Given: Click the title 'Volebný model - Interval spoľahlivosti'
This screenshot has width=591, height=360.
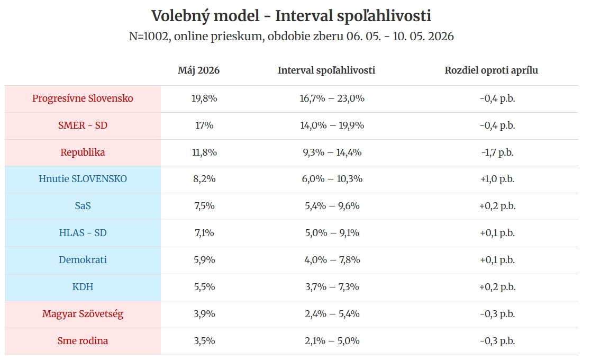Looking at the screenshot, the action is click(291, 16).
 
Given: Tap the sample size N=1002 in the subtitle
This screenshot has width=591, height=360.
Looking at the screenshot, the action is click(148, 36).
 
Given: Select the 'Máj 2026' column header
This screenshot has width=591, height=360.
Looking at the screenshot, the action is click(198, 70).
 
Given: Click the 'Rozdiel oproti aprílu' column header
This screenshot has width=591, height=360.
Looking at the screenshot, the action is click(491, 70).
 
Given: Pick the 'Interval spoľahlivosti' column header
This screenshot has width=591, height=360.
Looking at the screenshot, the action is click(326, 70).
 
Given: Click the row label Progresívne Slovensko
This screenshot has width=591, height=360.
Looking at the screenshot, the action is click(83, 98).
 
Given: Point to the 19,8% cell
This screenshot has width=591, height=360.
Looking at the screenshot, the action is click(204, 98).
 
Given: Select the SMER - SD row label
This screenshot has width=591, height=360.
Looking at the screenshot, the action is click(83, 125).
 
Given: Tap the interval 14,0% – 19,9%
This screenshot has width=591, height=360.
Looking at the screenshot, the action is click(332, 125).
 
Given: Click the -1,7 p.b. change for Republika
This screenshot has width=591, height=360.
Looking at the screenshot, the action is click(497, 152).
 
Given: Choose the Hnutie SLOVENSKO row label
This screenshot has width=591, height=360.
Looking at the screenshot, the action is click(83, 179).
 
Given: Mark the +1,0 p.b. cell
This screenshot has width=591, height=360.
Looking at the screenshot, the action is click(497, 179).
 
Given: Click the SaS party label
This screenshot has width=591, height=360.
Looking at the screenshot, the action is click(83, 206).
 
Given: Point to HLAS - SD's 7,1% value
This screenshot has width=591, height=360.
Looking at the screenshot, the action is click(204, 233).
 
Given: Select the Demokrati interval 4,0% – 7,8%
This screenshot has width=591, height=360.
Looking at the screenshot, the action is click(332, 260).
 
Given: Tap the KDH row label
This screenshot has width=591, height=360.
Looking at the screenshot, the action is click(83, 287).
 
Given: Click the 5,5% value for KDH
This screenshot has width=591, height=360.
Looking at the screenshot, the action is click(204, 287).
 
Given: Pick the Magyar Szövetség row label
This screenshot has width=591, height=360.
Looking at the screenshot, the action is click(83, 314).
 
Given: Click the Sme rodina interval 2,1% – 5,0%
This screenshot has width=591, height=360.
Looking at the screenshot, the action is click(332, 341).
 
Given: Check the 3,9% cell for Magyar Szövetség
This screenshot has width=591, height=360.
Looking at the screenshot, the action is click(204, 314).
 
